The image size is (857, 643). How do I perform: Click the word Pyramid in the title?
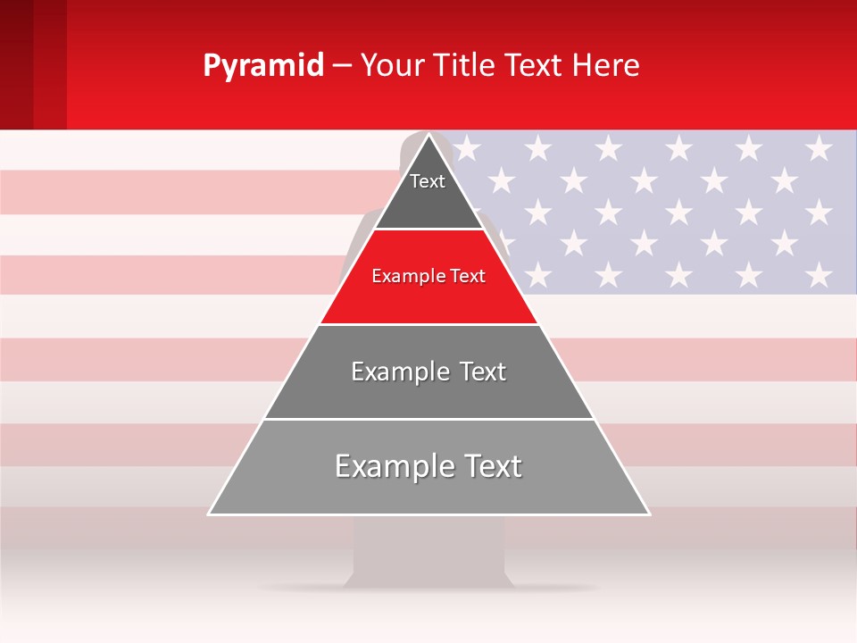coord(263,66)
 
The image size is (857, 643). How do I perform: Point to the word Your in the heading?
coord(389,65)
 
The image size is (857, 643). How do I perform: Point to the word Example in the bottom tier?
coord(393,466)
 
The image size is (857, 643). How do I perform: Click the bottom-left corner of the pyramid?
coord(210,514)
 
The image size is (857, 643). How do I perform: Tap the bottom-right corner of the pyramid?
coord(648,514)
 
